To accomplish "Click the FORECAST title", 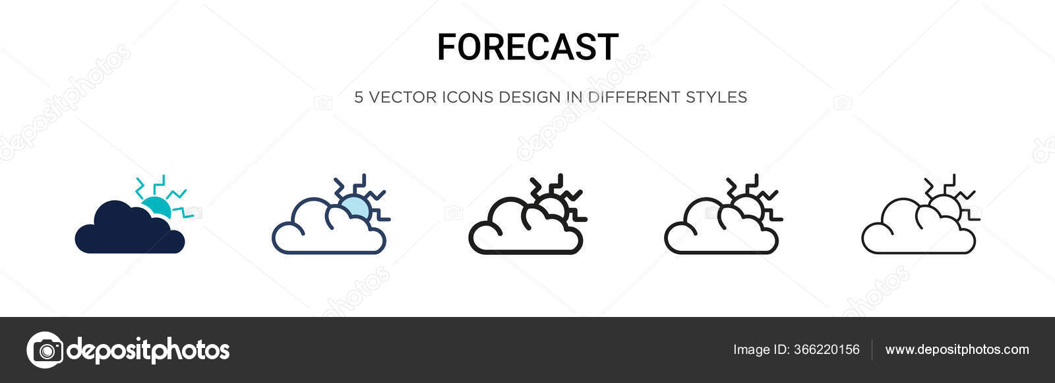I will [x=527, y=48].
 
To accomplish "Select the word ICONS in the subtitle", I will [x=467, y=97].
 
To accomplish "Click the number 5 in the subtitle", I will [x=359, y=97].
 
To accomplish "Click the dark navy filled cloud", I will [x=129, y=231].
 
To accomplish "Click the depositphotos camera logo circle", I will [x=45, y=350].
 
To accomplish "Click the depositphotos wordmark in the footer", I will [x=148, y=350].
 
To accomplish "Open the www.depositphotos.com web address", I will [x=957, y=350].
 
